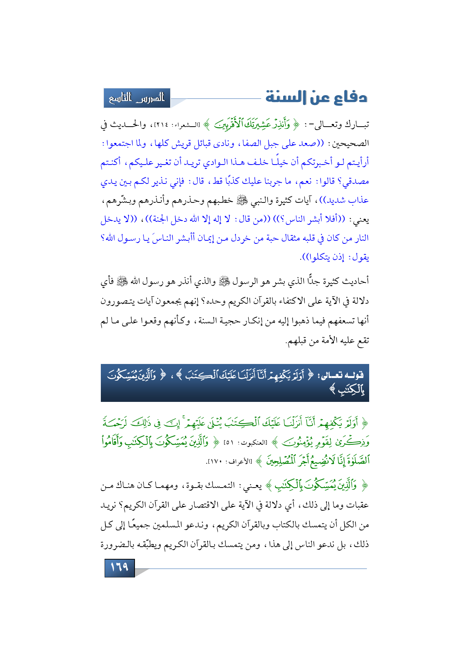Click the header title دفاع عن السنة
pos(316,97)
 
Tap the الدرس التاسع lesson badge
pos(137,98)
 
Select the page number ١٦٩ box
pos(119,568)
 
